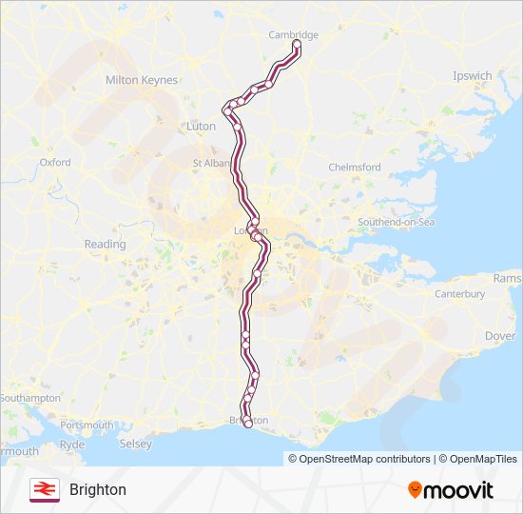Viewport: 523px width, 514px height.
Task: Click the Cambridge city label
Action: [293, 35]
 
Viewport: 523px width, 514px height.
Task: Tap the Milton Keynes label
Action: [142, 81]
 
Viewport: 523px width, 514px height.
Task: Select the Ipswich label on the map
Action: [473, 76]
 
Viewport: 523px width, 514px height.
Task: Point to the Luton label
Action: [202, 126]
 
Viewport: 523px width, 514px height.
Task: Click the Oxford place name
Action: [55, 163]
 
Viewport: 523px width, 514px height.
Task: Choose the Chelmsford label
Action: [355, 168]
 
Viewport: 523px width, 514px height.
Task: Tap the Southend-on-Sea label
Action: [396, 223]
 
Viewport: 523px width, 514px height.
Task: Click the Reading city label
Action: [105, 245]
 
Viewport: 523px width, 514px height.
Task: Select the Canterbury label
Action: [460, 295]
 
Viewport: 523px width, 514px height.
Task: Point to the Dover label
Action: [500, 336]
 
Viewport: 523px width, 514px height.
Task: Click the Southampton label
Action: [30, 398]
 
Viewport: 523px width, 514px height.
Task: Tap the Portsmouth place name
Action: [87, 425]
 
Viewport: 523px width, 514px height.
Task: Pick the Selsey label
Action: [136, 445]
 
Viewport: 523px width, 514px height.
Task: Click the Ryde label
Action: [72, 445]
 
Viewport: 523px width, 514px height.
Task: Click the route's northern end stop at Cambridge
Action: [297, 45]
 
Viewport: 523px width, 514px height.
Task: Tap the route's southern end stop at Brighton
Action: [249, 425]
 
